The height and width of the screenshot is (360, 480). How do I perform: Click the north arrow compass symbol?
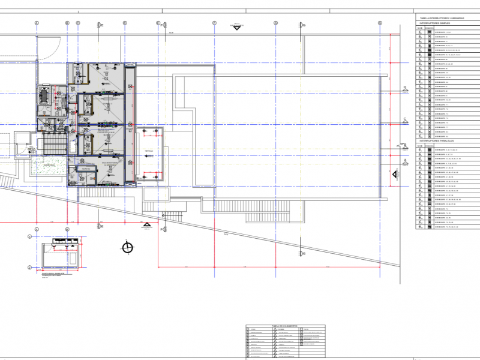(127, 247)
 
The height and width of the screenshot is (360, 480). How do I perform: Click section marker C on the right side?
(406, 118)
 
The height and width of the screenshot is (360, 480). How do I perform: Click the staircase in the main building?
(53, 144)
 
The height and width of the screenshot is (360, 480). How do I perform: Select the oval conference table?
(44, 95)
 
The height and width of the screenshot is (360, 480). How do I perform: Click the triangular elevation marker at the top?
(236, 26)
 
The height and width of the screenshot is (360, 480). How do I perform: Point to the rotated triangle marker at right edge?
(395, 175)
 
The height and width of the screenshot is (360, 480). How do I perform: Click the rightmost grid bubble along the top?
(380, 22)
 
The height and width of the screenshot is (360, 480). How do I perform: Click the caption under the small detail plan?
(55, 274)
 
